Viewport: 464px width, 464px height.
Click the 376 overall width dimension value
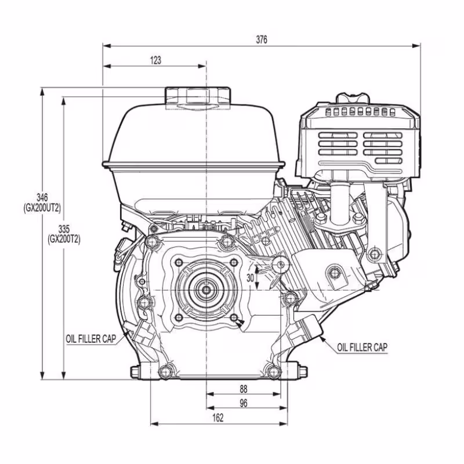(x=262, y=39)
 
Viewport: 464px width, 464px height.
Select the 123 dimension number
(x=155, y=60)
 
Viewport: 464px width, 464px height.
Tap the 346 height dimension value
(x=41, y=198)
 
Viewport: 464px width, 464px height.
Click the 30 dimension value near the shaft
(x=251, y=277)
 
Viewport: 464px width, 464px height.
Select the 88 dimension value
(x=244, y=388)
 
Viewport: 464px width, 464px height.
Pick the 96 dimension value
(x=244, y=403)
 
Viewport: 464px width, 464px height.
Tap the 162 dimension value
(x=218, y=418)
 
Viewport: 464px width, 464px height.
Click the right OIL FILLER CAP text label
(x=362, y=347)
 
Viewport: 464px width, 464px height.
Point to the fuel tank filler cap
(x=198, y=97)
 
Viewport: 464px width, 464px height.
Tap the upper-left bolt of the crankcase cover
(x=153, y=241)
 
